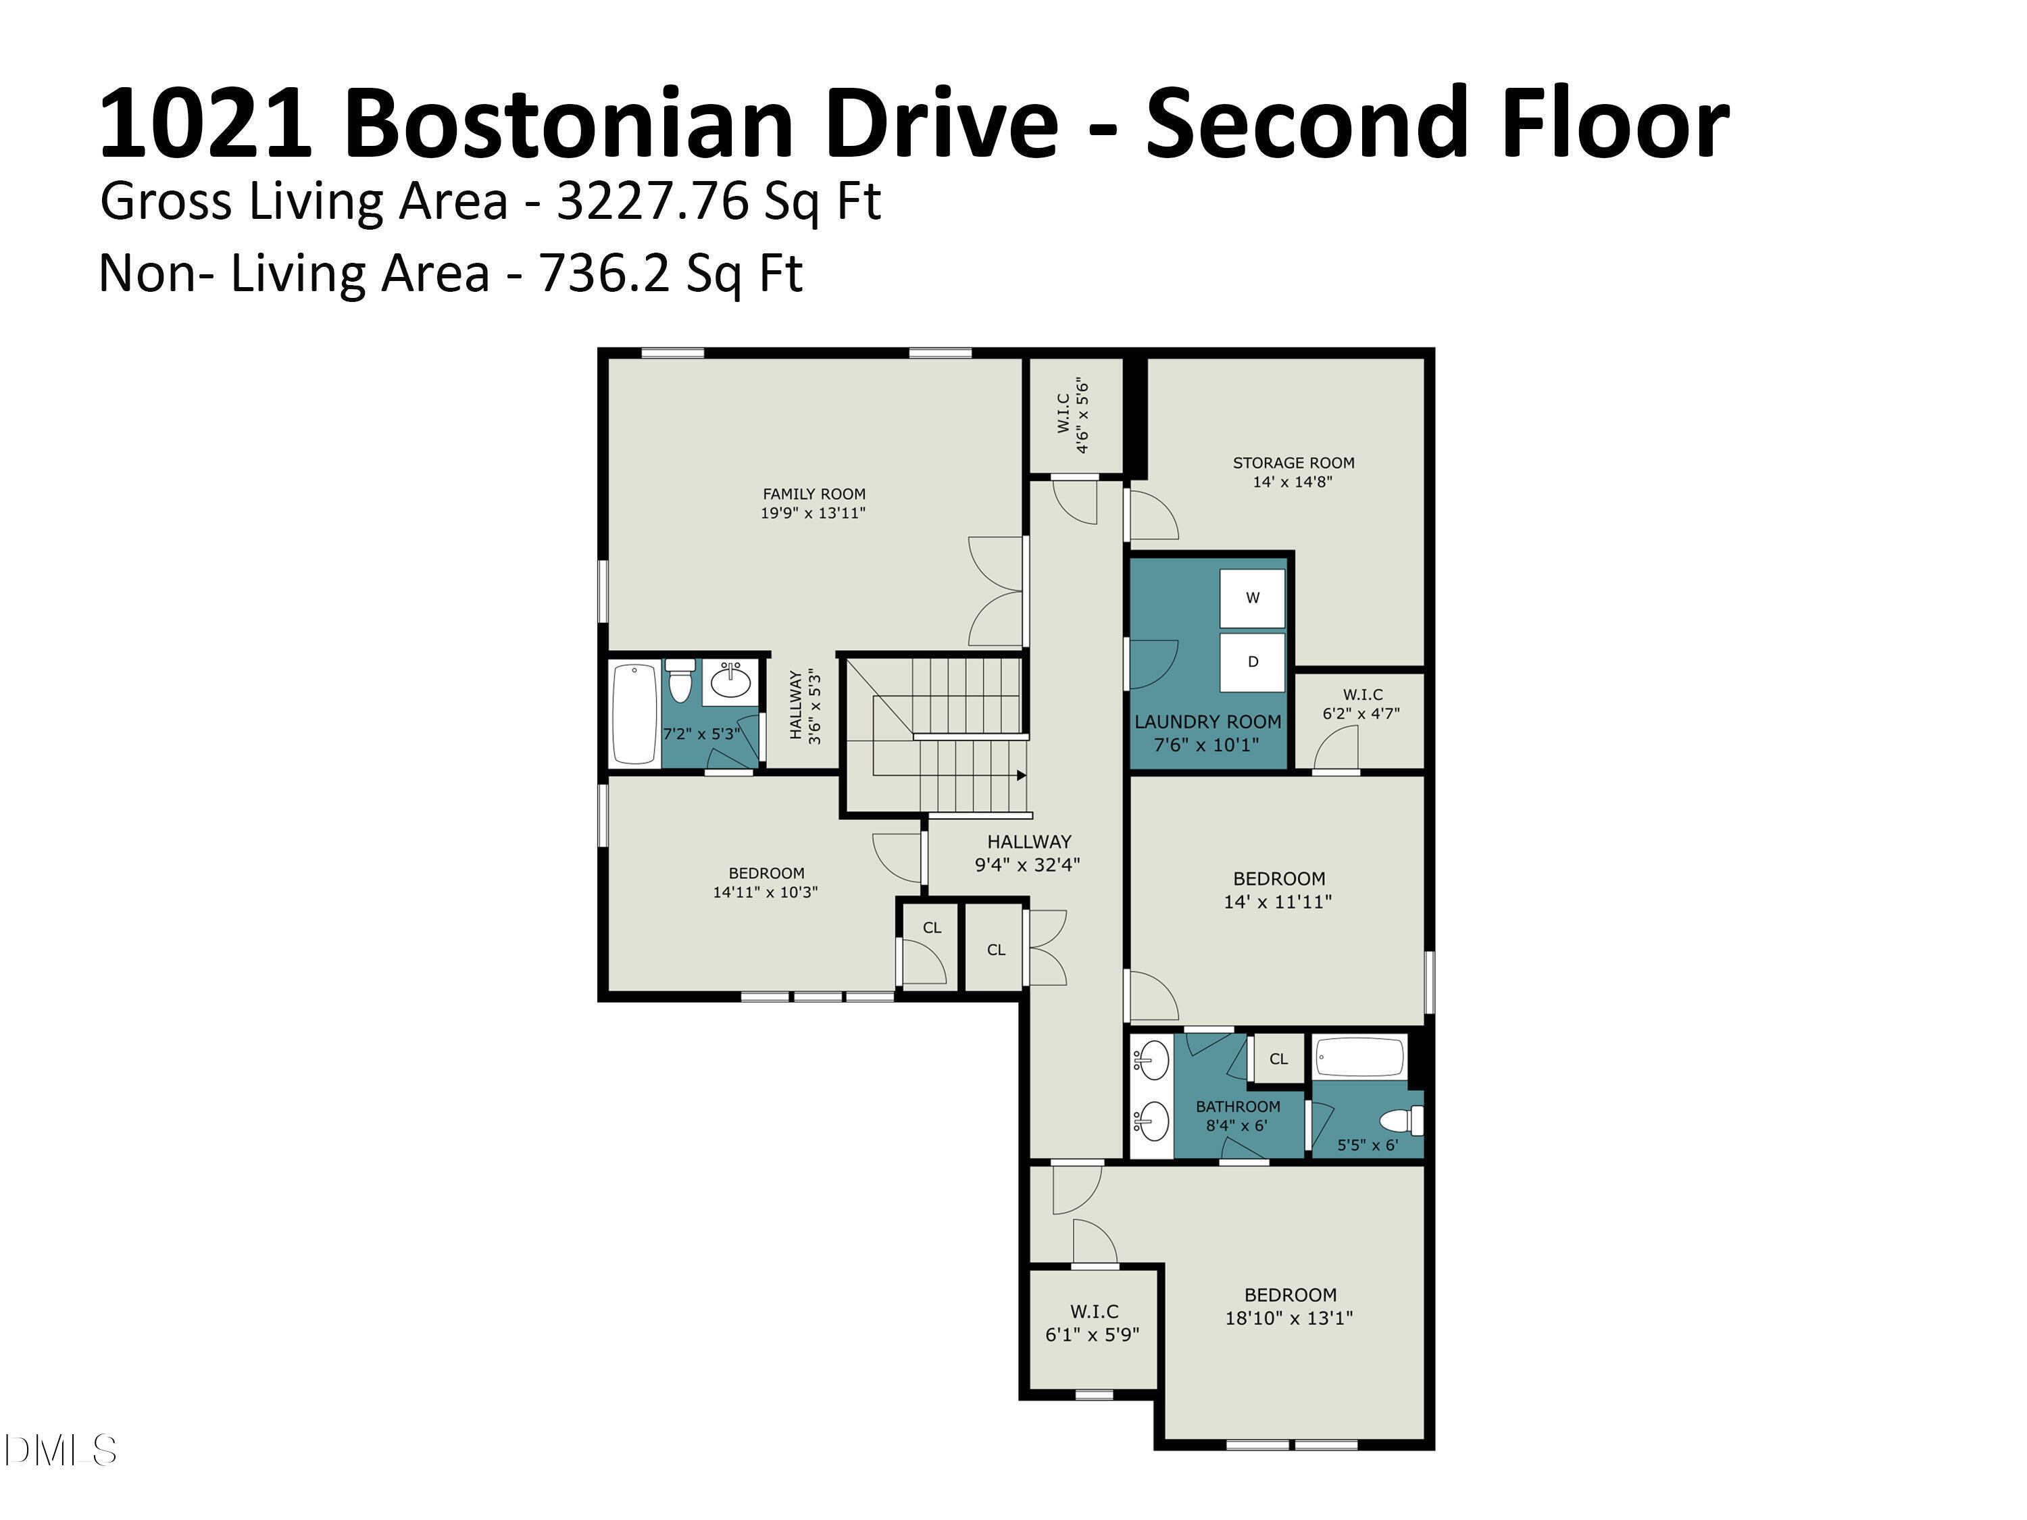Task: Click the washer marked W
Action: [x=1252, y=599]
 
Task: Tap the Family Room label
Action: [x=814, y=494]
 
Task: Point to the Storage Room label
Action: [x=1293, y=463]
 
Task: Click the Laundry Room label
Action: [x=1208, y=722]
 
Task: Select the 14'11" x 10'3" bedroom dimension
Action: [x=765, y=892]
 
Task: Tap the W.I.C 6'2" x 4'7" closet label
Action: [x=1361, y=705]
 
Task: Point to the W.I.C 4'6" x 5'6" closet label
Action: [x=1073, y=414]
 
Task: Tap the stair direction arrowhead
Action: [x=1022, y=775]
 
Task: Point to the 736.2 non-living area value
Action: [x=605, y=273]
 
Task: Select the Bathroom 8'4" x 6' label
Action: [x=1237, y=1116]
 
